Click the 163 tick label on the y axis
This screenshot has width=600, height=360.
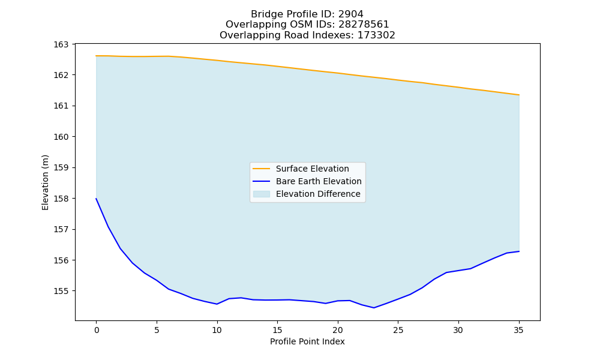coord(61,44)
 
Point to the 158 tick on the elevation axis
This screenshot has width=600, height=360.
coord(61,199)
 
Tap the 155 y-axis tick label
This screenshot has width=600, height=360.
coord(61,291)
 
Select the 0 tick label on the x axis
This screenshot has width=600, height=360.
coord(97,330)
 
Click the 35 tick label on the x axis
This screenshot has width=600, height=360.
coord(518,330)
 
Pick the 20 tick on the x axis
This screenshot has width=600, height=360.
coord(337,330)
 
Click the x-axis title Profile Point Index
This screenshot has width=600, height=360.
coord(307,341)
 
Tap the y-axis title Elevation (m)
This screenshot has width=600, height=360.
coord(45,182)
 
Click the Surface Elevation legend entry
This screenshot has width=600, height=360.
coord(312,169)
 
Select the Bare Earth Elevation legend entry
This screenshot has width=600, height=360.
coord(319,181)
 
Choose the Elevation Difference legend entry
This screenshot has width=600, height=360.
coord(318,194)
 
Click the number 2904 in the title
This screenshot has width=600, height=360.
coord(350,14)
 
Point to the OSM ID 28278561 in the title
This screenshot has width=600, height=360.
coord(364,25)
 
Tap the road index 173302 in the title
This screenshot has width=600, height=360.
coord(376,35)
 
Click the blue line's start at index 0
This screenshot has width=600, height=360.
coord(96,198)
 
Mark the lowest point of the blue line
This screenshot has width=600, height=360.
coord(374,308)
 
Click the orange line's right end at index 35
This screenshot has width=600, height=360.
coord(519,95)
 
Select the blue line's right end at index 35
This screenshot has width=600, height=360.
coord(519,251)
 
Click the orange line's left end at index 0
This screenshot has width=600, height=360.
coord(96,56)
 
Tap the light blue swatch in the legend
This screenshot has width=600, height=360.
coord(262,194)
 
